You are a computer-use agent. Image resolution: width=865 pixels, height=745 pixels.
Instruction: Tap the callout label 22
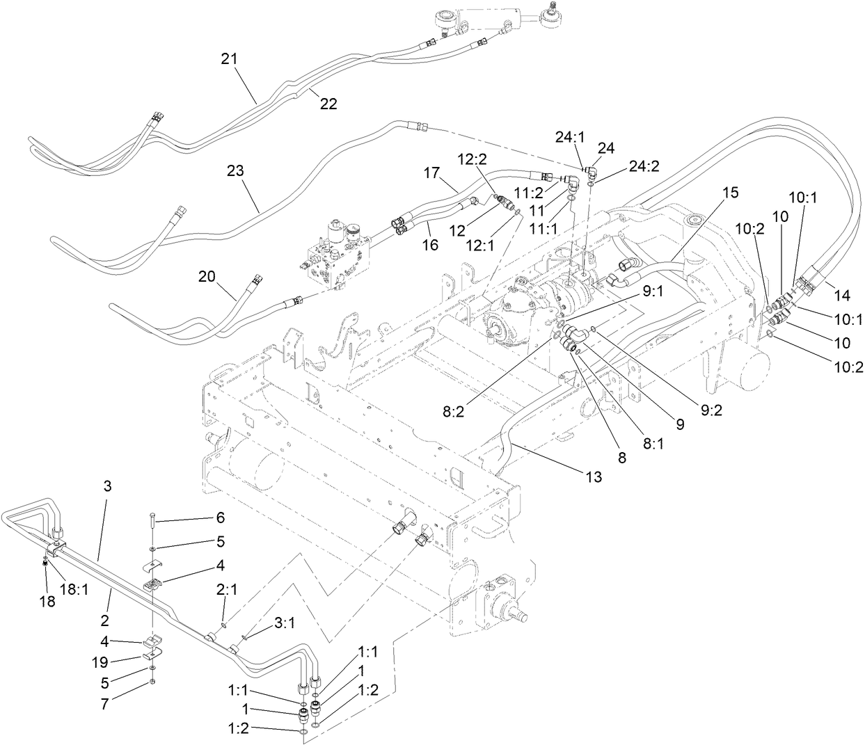pyautogui.click(x=328, y=104)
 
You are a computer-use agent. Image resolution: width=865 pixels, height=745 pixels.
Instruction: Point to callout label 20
pyautogui.click(x=207, y=275)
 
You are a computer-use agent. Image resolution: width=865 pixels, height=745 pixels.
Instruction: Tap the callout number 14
pyautogui.click(x=841, y=296)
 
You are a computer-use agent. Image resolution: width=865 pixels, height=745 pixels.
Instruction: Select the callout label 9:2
pyautogui.click(x=710, y=410)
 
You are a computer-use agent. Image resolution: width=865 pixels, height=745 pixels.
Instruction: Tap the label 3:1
pyautogui.click(x=285, y=624)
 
